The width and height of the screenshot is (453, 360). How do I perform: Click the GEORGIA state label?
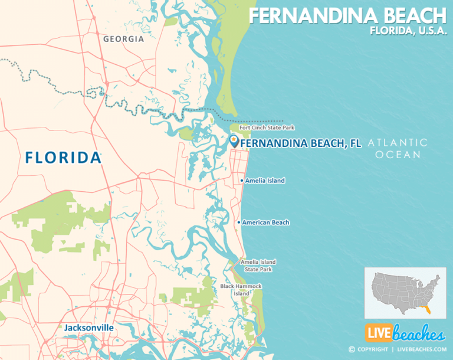coord(123,39)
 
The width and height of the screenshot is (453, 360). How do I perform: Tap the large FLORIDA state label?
coord(63,158)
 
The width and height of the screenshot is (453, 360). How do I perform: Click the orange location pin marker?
coord(234,140)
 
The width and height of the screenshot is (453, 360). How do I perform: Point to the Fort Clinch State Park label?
coord(267,127)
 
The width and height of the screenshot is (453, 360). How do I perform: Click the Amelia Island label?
coord(265,181)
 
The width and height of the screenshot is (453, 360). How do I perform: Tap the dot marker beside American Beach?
coord(239,222)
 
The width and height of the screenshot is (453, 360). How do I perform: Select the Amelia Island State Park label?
coord(258,266)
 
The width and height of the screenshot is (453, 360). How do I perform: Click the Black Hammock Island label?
coord(241,290)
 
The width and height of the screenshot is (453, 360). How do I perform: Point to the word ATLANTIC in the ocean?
coord(398,142)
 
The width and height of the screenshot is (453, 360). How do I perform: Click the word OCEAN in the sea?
coord(400,155)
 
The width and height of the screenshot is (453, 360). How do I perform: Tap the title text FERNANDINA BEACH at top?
coord(347,15)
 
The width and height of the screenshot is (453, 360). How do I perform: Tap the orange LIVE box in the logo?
coord(378,334)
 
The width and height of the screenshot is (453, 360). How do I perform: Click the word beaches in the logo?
coord(418,334)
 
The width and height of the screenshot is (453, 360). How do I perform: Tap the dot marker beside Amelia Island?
coord(242,181)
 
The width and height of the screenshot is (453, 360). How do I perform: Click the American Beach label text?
coord(265,222)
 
